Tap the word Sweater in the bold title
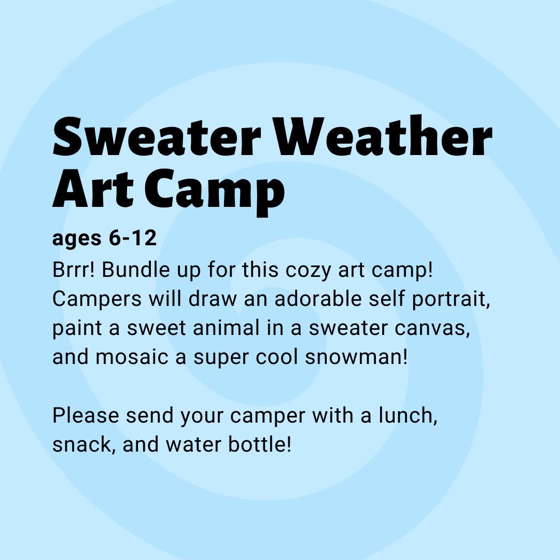pos(157,137)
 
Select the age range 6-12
pos(133,238)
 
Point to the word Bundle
pos(136,270)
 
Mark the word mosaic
pos(132,357)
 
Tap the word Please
pos(86,415)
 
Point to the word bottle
pos(260,445)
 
